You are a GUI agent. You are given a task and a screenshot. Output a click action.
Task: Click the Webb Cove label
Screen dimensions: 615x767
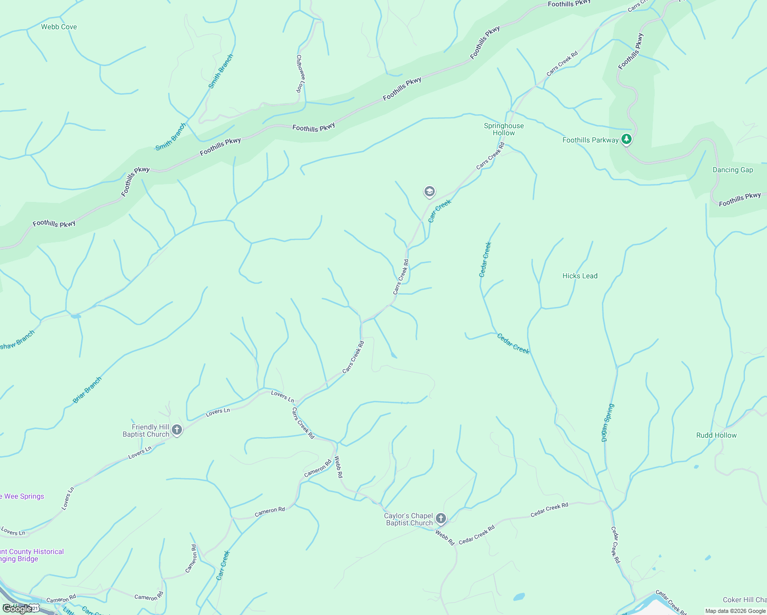59,27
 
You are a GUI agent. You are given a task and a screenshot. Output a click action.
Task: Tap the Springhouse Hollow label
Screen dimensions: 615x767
504,129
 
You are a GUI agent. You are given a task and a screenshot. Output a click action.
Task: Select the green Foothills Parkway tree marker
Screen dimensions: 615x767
626,139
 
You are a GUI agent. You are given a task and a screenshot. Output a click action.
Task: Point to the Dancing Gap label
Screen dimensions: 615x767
733,170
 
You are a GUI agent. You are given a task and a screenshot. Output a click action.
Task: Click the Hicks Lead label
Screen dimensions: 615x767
580,276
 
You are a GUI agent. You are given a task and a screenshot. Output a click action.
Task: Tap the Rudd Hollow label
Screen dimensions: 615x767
716,435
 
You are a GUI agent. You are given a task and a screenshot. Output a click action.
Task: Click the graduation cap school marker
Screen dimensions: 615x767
429,192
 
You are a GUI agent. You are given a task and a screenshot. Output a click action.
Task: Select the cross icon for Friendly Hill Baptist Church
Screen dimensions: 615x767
177,430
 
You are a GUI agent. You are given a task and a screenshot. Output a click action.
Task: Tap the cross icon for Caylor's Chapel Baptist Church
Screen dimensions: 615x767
440,519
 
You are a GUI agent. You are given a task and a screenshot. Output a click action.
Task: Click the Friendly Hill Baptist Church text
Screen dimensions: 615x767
146,430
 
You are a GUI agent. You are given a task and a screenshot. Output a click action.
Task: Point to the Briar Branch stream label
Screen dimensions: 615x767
87,390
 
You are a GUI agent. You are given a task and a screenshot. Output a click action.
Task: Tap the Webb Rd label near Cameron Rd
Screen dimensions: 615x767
339,467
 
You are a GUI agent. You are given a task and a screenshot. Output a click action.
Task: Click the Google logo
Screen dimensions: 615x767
17,609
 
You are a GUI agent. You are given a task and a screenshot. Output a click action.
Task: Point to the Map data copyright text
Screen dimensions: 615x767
735,611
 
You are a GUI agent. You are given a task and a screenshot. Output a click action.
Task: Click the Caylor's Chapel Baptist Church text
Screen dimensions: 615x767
409,519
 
